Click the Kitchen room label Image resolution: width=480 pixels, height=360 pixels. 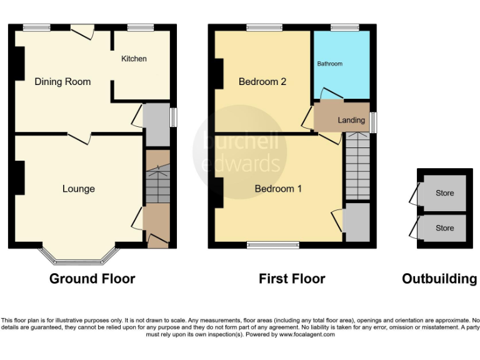click(134, 59)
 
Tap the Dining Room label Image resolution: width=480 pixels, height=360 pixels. click(62, 82)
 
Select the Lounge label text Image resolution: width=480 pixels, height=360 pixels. click(79, 189)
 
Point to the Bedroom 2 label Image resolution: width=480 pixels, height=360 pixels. click(262, 82)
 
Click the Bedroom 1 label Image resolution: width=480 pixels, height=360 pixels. click(278, 188)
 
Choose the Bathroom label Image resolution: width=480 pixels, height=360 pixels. click(329, 64)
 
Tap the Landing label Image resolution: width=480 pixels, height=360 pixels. click(351, 120)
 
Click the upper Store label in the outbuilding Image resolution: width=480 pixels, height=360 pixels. click(445, 193)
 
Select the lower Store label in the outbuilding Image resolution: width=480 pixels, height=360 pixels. click(445, 228)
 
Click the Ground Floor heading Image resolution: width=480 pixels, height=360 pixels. click(92, 279)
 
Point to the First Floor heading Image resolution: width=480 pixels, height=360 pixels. click(292, 279)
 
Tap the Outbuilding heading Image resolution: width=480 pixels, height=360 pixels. click(439, 279)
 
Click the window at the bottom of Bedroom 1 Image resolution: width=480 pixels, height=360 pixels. click(273, 244)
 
